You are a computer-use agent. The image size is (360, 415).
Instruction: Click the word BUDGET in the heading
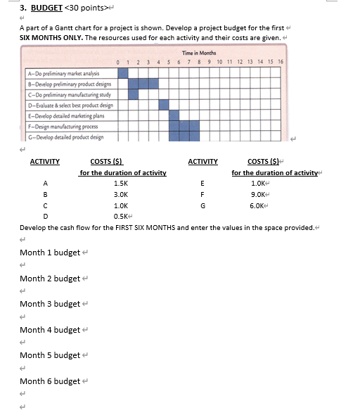[x=46, y=9]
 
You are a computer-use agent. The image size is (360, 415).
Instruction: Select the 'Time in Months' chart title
[x=199, y=53]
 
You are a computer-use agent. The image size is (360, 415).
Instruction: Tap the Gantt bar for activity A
[x=124, y=72]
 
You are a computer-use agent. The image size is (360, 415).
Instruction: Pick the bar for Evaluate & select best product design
[x=164, y=105]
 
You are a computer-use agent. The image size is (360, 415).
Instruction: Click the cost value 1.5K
[x=121, y=183]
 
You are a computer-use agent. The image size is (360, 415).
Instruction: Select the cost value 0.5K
[x=121, y=217]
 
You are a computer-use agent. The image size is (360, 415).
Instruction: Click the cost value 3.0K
[x=121, y=194]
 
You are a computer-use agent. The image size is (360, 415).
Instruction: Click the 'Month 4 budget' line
[x=50, y=330]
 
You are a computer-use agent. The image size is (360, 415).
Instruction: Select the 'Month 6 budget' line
[x=50, y=381]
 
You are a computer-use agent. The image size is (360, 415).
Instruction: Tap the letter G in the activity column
[x=202, y=205]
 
